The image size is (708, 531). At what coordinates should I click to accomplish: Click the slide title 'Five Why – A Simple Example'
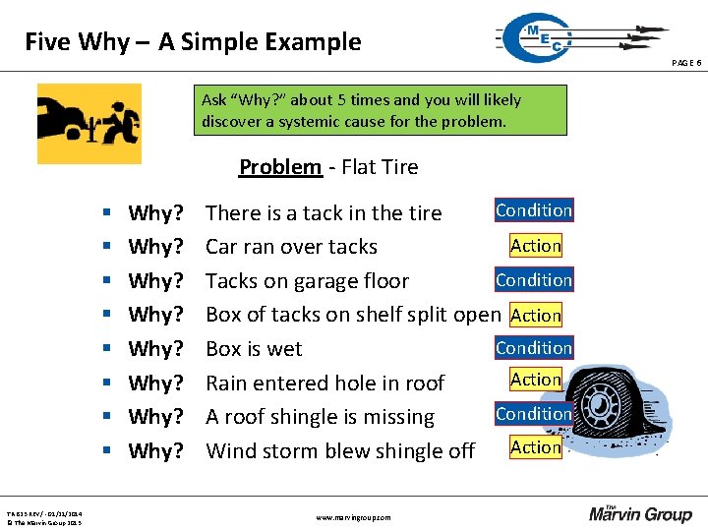pyautogui.click(x=193, y=42)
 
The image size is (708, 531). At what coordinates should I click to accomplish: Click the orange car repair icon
pyautogui.click(x=89, y=124)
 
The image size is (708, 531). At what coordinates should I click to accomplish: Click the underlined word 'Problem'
pyautogui.click(x=280, y=167)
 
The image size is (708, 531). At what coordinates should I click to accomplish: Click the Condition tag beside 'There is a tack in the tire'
pyautogui.click(x=534, y=210)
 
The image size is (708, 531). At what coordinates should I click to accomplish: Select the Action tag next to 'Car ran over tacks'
pyautogui.click(x=536, y=246)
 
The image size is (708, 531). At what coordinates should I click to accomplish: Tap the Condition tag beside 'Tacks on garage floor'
pyautogui.click(x=534, y=280)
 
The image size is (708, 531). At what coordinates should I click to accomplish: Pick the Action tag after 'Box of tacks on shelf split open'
pyautogui.click(x=536, y=316)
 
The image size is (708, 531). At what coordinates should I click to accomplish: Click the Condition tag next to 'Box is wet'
pyautogui.click(x=534, y=348)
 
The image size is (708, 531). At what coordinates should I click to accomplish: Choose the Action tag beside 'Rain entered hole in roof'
pyautogui.click(x=536, y=380)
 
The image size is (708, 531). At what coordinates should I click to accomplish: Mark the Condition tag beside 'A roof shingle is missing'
pyautogui.click(x=534, y=414)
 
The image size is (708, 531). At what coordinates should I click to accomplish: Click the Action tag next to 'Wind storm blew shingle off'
pyautogui.click(x=536, y=447)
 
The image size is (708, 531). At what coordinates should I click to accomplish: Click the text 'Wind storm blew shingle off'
pyautogui.click(x=340, y=451)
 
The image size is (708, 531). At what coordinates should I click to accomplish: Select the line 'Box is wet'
pyautogui.click(x=254, y=349)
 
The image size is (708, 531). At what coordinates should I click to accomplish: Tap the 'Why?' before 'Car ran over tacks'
pyautogui.click(x=156, y=247)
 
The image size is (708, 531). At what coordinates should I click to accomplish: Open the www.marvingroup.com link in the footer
pyautogui.click(x=353, y=517)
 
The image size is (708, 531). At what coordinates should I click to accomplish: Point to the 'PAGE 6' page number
pyautogui.click(x=686, y=63)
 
